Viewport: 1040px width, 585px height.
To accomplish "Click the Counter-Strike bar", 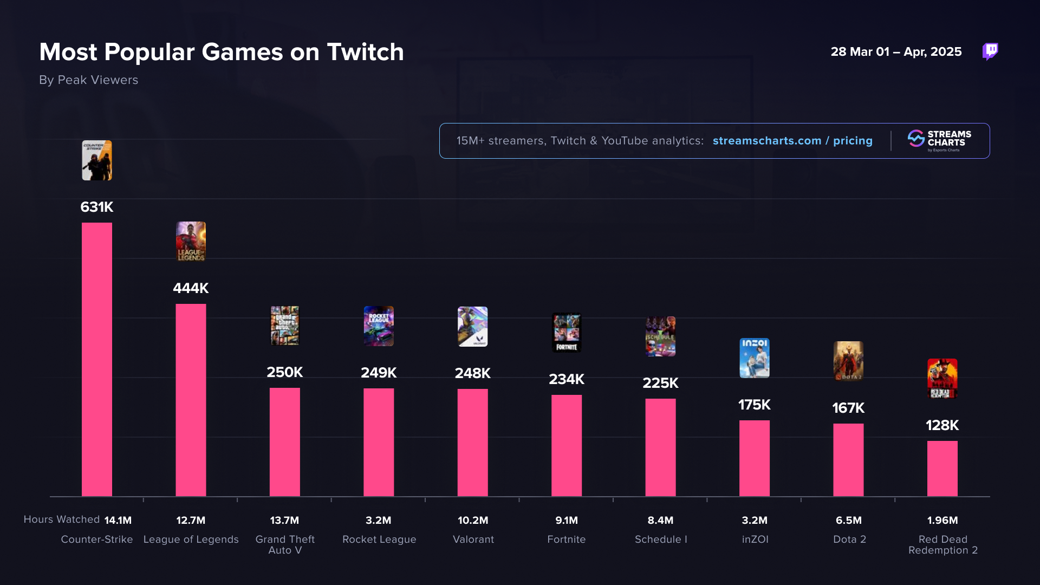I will point(97,359).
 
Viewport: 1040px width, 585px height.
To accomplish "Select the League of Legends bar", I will point(191,400).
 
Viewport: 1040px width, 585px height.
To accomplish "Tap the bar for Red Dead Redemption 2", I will point(942,469).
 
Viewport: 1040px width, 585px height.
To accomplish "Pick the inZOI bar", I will point(754,458).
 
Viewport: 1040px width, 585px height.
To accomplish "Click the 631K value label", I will point(97,207).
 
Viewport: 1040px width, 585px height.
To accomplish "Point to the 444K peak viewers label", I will point(191,288).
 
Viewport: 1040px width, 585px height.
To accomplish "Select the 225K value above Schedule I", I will point(660,383).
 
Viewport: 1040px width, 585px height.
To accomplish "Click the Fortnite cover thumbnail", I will point(567,333).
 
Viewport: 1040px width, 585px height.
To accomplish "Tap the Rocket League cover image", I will point(379,326).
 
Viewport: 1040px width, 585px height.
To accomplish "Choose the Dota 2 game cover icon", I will point(848,361).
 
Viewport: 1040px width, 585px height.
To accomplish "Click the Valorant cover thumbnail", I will point(472,327).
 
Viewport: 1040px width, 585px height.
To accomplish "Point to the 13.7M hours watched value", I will point(284,520).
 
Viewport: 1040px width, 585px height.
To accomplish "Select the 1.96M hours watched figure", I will point(942,520).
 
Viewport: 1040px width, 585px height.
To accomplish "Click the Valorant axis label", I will point(473,539).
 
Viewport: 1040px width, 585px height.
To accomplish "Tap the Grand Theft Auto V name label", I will point(285,544).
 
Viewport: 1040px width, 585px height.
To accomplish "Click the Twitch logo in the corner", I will point(990,51).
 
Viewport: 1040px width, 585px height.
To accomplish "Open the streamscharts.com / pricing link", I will point(792,141).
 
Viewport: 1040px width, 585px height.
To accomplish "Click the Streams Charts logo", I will point(939,140).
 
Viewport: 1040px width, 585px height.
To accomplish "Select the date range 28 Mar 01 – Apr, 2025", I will point(896,52).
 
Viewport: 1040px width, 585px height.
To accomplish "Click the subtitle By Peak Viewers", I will point(89,80).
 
